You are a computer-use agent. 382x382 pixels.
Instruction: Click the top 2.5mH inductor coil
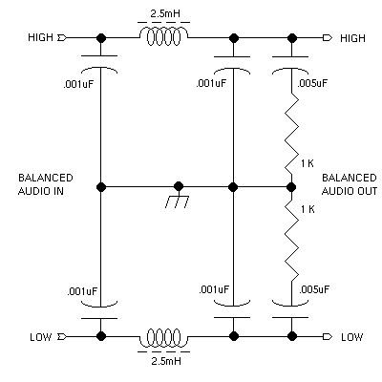tap(163, 36)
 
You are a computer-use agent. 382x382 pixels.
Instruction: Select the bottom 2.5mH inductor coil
tap(163, 337)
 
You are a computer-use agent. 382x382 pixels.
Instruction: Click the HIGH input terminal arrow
tap(62, 38)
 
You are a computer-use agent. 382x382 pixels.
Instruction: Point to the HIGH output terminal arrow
tap(328, 38)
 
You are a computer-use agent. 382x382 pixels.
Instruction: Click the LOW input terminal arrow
tap(62, 336)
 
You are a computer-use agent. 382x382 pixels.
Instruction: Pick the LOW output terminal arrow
tap(328, 336)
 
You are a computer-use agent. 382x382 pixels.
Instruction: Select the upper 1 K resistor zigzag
tap(291, 135)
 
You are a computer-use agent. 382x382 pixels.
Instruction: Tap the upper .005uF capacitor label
tap(312, 83)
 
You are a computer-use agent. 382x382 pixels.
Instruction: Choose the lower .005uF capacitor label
tap(314, 289)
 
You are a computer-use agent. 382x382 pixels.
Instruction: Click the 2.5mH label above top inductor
tap(165, 13)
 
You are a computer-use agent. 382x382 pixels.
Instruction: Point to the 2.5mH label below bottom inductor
tap(166, 361)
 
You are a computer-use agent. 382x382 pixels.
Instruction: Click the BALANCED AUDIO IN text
tap(46, 184)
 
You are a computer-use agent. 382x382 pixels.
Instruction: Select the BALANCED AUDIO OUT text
tap(350, 184)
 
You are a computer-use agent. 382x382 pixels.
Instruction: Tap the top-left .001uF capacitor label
tap(78, 85)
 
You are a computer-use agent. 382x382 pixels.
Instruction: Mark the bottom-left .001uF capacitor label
tap(82, 291)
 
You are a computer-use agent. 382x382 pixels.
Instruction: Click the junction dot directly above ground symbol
tap(179, 186)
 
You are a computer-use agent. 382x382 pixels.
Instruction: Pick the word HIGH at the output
tap(352, 38)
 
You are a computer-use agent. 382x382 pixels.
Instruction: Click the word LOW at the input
tap(41, 337)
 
